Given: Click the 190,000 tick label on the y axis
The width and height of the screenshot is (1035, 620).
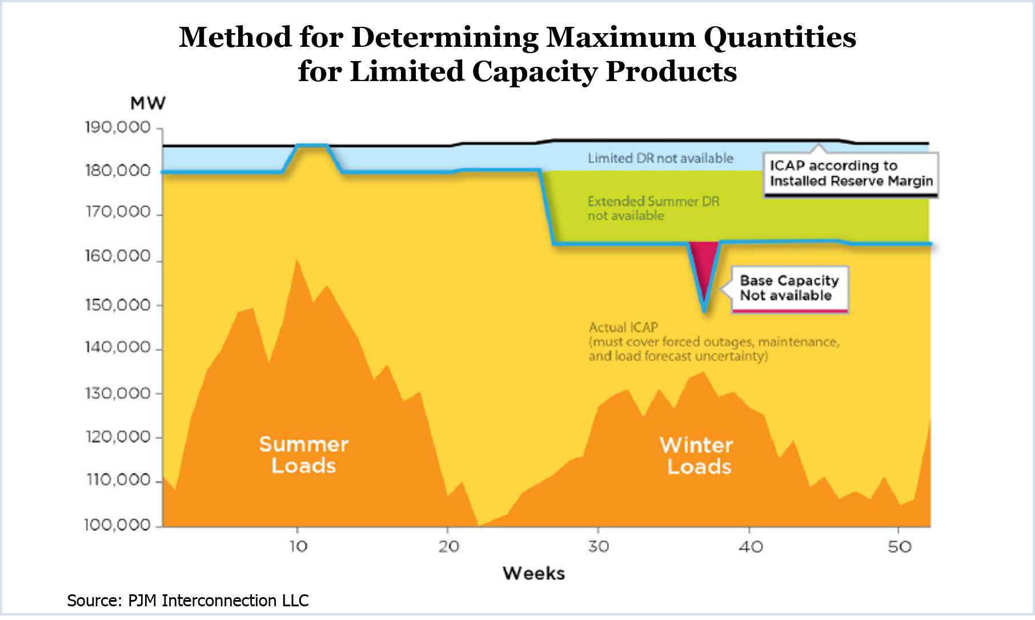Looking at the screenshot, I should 118,127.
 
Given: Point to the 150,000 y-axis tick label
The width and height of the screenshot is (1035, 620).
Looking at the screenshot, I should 118,305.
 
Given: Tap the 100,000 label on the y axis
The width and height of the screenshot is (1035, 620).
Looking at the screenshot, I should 118,525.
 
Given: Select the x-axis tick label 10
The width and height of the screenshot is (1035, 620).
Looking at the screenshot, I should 298,547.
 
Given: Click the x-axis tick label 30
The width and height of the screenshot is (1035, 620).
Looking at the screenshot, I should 598,547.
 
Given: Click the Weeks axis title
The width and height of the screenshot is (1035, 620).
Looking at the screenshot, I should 533,573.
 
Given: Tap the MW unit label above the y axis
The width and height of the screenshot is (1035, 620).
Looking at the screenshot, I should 148,103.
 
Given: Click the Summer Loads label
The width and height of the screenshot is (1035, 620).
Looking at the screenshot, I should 303,455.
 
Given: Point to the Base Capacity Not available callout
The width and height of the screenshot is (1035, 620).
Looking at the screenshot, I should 789,288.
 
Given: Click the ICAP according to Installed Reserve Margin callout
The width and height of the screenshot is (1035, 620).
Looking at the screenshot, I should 851,173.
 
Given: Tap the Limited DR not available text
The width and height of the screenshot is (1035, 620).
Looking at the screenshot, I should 660,158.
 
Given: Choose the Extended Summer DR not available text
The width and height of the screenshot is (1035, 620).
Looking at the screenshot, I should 653,208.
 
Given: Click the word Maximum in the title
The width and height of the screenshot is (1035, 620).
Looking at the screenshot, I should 621,38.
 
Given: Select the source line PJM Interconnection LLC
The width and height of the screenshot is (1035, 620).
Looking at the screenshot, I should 188,601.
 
